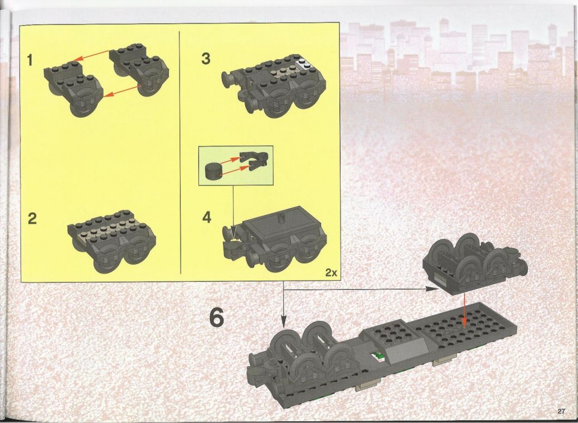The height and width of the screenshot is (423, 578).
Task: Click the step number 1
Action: (30, 60)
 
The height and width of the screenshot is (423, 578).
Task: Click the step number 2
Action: (32, 219)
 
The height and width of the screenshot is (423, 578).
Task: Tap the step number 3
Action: (206, 59)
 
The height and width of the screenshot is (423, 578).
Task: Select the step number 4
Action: (207, 217)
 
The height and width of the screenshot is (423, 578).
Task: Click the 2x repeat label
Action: (331, 273)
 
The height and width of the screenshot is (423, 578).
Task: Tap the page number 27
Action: (561, 411)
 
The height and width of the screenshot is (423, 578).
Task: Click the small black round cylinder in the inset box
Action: (213, 171)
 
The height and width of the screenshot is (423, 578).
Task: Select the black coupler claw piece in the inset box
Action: (254, 161)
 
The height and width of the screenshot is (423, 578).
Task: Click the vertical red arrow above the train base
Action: (464, 310)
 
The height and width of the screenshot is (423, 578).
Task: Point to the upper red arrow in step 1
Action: (91, 56)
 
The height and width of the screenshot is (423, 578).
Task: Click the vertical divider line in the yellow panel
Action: (180, 152)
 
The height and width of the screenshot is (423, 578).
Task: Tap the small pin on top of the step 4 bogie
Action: (281, 218)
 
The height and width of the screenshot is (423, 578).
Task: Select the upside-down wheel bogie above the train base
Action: (475, 264)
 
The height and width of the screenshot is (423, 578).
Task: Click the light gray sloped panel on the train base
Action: (405, 350)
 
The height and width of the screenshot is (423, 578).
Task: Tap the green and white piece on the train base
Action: (377, 356)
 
